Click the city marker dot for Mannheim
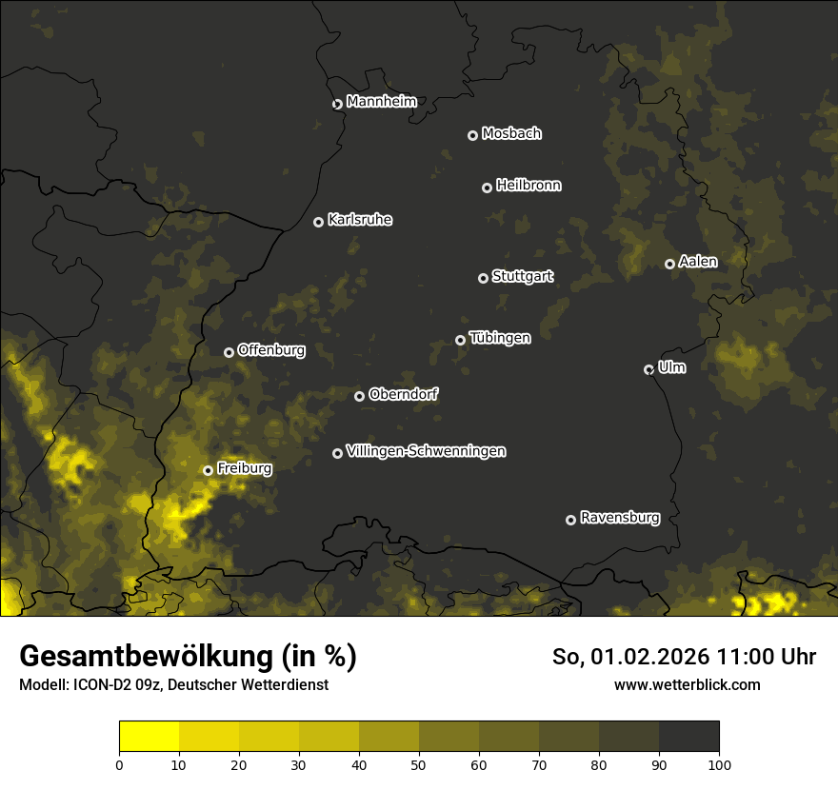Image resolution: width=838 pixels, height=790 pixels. tap(337, 105)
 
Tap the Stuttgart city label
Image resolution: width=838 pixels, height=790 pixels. tap(522, 277)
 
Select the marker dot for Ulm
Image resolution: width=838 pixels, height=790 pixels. tap(649, 369)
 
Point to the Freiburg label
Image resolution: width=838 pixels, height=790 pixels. tap(244, 468)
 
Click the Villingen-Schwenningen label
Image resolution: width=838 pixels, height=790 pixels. tap(426, 451)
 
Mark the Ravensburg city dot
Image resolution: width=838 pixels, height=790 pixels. tap(571, 520)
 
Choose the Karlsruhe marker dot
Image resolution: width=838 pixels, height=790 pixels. tap(319, 223)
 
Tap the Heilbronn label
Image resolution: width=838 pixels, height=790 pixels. tap(529, 186)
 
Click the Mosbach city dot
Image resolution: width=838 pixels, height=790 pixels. tap(472, 136)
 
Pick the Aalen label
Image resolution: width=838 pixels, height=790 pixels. tap(698, 262)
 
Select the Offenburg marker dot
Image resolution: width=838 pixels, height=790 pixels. tap(229, 352)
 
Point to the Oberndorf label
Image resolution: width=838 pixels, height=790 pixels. tap(403, 394)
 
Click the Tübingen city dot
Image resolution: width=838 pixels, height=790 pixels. tap(461, 340)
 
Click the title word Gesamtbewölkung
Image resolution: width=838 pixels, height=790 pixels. tap(144, 657)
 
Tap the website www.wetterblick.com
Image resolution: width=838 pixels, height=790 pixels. tap(687, 684)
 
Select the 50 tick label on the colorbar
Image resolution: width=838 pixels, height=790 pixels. tap(419, 764)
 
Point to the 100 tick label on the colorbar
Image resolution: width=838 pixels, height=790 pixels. tap(719, 764)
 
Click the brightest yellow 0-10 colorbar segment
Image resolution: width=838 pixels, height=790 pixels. tap(149, 737)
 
